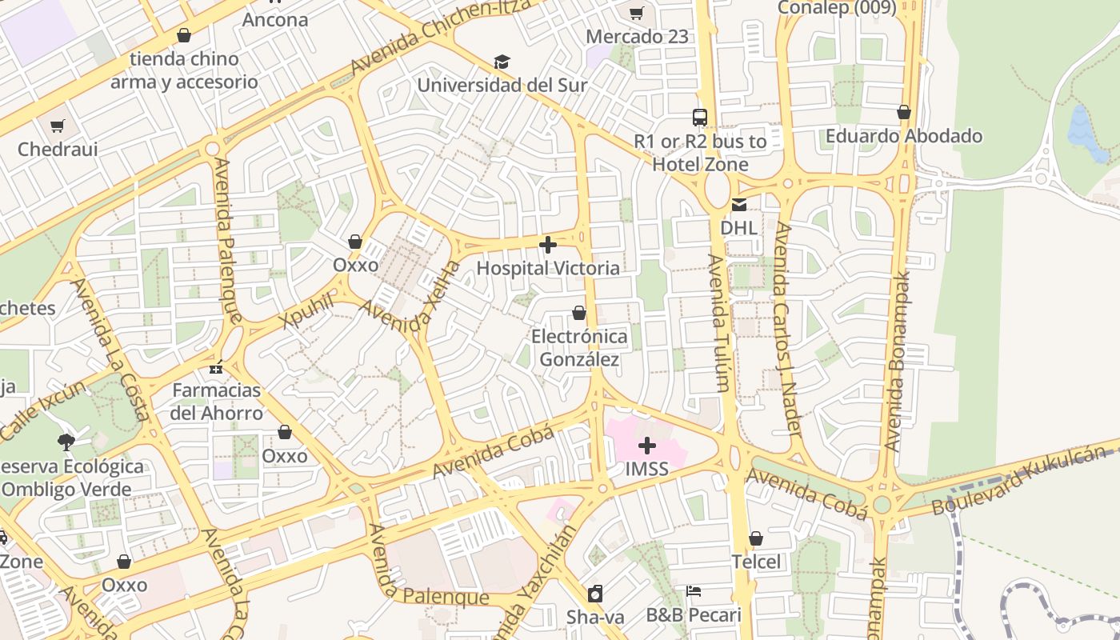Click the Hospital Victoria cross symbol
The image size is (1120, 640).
(x=548, y=245)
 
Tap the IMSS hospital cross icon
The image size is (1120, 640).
(x=647, y=446)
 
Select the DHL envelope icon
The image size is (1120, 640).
(x=738, y=205)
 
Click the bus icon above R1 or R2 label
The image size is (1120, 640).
(x=700, y=118)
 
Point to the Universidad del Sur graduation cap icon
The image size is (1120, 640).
(x=502, y=62)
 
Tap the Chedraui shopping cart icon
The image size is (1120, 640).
(x=58, y=126)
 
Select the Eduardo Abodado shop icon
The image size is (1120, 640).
(x=904, y=113)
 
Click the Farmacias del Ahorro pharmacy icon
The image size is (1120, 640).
(x=216, y=368)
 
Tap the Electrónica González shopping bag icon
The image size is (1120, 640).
(x=579, y=313)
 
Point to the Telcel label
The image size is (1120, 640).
(x=756, y=562)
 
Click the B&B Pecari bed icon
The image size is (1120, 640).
(x=694, y=592)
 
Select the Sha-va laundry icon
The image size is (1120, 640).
(x=595, y=594)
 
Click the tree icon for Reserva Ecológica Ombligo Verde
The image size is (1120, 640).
(x=66, y=442)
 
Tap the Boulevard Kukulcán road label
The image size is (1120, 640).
(x=1024, y=482)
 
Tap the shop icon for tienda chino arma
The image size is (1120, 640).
(x=184, y=36)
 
